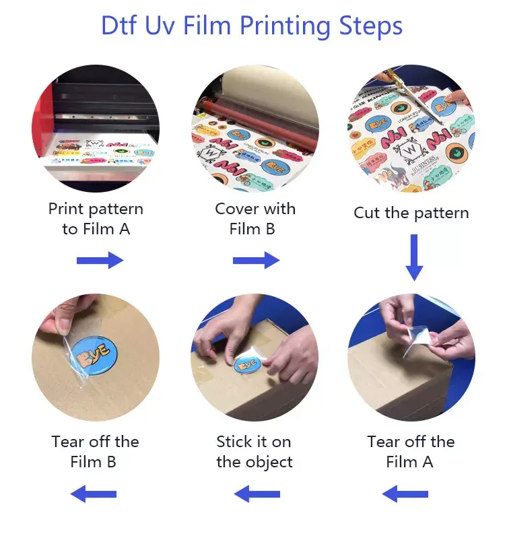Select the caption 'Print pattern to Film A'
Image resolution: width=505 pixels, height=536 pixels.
pyautogui.click(x=96, y=219)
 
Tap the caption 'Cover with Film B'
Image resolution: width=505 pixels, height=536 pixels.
pyautogui.click(x=255, y=219)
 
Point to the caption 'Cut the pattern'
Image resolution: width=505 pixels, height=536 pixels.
pyautogui.click(x=411, y=213)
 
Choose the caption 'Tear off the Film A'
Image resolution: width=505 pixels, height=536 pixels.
pyautogui.click(x=411, y=452)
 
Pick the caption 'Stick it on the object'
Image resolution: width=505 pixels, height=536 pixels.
pyautogui.click(x=255, y=452)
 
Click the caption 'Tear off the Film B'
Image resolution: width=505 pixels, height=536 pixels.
pyautogui.click(x=95, y=452)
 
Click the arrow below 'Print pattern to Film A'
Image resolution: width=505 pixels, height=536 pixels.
pyautogui.click(x=100, y=260)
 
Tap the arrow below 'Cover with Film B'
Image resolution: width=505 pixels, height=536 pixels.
pyautogui.click(x=256, y=260)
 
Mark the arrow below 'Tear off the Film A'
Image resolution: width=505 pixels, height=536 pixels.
pyautogui.click(x=405, y=495)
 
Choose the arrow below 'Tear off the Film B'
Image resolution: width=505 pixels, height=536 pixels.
pyautogui.click(x=94, y=495)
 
